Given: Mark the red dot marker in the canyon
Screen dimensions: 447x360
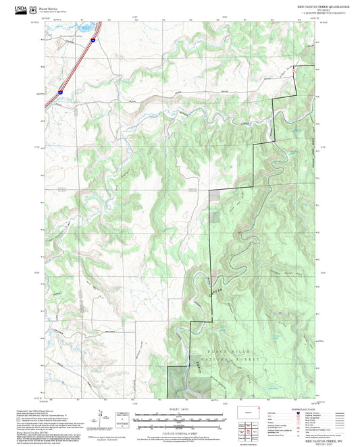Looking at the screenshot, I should point(240,233).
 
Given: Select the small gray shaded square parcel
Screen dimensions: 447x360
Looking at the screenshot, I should point(215,194).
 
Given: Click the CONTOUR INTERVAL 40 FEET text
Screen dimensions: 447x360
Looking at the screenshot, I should point(178,431).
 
